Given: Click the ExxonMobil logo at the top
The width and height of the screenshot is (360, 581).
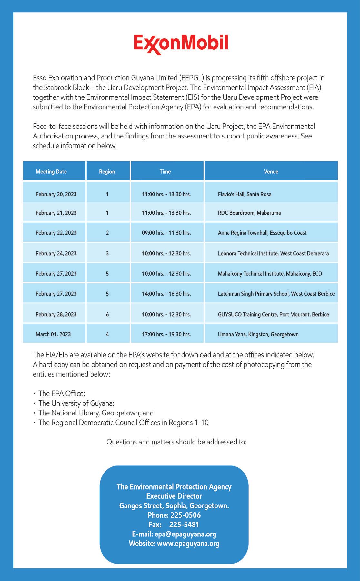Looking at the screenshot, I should pos(181,44).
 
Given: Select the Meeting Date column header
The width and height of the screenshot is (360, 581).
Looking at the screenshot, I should pos(51,172).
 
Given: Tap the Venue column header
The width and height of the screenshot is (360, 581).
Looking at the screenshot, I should pos(271,172).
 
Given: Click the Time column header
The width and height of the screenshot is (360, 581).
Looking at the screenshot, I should pos(165,172).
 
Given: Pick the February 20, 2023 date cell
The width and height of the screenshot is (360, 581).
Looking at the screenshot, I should pos(56,194).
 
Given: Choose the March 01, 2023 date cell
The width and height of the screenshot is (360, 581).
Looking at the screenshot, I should pos(53,334).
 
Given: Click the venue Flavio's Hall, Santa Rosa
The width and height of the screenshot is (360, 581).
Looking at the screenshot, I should pos(245,194).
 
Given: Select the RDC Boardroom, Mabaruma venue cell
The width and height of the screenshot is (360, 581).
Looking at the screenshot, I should pos(249,213).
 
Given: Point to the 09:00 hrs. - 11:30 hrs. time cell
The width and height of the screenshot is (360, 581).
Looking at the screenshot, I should pos(166,233).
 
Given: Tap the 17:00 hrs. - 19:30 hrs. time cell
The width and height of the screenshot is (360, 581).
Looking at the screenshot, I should pos(166,334).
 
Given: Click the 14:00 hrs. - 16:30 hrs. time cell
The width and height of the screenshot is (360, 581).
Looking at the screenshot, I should pos(166,294).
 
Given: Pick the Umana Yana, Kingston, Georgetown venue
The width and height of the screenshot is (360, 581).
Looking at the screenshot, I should pos(258,334).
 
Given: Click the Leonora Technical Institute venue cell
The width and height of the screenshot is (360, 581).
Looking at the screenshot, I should pos(273,254).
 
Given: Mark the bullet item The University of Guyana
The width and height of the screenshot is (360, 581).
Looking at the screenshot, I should pos(76,403).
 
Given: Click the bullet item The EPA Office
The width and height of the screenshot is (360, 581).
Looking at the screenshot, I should pos(62,393).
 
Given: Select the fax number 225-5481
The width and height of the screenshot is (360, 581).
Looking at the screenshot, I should pos(184,525).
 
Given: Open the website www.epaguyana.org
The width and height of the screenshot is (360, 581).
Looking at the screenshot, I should pos(188,544).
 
